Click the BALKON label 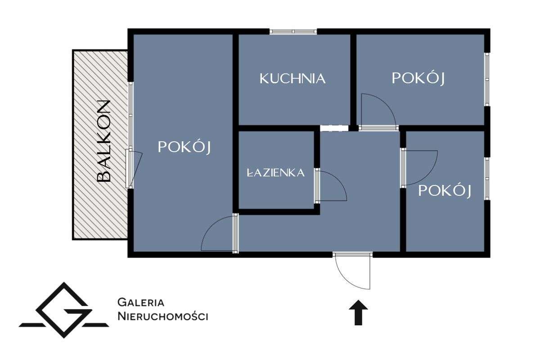coord(104,141)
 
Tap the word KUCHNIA coord(292,79)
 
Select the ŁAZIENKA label coord(276,172)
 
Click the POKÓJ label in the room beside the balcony coord(184,147)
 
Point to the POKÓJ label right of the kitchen coord(418,78)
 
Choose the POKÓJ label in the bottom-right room coord(445,191)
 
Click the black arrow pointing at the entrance coord(359,312)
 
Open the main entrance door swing coord(353,270)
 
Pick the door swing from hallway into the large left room coord(218,234)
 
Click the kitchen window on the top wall coord(293,31)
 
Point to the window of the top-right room coord(487,80)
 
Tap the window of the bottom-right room coord(487,178)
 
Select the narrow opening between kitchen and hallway coord(334,128)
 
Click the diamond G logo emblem coord(64,310)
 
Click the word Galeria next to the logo coord(140,302)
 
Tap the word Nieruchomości coord(162,316)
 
